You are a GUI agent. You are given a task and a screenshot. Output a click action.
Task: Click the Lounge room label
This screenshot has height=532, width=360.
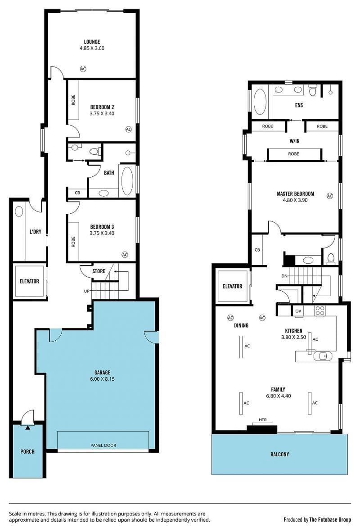point(92,42)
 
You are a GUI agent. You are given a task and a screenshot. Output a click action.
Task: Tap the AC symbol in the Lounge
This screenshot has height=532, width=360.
point(83,69)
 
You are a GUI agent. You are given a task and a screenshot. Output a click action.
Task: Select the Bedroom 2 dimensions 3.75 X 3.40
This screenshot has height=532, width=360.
point(102,114)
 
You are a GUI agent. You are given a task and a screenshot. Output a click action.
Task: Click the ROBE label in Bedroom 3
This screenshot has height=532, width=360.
point(73,242)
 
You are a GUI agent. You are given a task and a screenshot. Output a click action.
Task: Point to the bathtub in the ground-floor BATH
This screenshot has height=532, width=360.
point(127,181)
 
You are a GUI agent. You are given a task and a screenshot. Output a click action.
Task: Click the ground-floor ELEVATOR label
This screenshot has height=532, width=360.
point(29,281)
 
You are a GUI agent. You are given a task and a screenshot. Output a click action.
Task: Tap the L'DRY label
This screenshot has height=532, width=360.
point(35,232)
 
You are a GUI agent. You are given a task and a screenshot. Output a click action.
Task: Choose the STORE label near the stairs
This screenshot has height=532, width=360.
point(99,271)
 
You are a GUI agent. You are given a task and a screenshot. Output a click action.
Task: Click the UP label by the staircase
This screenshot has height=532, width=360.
point(87,291)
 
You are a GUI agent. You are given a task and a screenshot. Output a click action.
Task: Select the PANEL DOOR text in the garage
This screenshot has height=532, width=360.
point(103,445)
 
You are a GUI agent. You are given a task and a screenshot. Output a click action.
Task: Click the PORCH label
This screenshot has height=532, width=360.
point(27,451)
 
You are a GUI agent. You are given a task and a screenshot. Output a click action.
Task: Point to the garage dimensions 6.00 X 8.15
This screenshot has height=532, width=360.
point(102,379)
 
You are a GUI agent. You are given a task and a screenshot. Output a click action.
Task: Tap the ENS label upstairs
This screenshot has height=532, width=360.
point(299,105)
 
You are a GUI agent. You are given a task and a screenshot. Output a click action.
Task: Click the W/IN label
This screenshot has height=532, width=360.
point(294,141)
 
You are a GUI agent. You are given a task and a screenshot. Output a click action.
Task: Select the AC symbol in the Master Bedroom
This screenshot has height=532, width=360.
point(330,196)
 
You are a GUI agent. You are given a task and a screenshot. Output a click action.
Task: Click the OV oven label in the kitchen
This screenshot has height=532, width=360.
point(298,311)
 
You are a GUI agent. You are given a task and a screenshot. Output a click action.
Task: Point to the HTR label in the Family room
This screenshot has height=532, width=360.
point(263,420)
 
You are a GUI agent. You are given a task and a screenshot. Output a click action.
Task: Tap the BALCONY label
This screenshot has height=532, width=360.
point(279,454)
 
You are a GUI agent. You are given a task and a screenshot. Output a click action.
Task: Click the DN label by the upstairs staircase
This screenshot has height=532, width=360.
point(284,276)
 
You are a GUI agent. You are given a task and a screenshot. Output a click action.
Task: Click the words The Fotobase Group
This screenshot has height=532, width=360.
point(330,519)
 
